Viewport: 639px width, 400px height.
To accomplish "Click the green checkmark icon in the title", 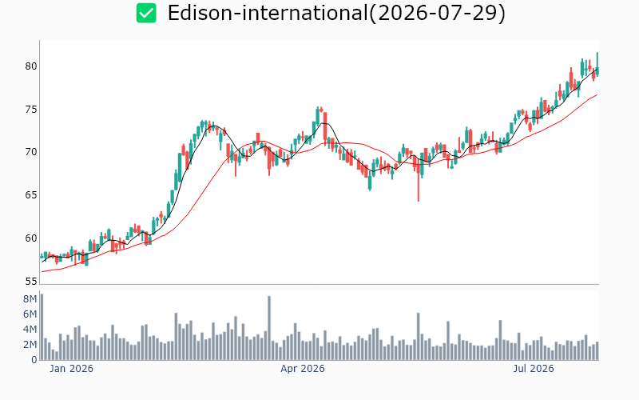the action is [146, 13].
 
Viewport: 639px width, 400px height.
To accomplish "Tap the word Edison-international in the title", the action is [268, 13].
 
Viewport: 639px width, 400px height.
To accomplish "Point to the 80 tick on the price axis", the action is [31, 66].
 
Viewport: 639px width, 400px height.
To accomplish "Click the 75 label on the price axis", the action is [31, 110].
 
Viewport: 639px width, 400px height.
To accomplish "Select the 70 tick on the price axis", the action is [31, 152].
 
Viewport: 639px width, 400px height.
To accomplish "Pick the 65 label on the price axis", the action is [31, 194].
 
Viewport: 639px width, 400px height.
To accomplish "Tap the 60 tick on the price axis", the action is [31, 238].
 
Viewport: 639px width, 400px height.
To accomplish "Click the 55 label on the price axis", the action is [31, 282].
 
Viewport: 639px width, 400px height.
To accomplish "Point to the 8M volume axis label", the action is [30, 299].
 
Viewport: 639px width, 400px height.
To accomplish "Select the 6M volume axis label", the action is [30, 314].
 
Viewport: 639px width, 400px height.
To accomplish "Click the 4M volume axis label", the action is [30, 330].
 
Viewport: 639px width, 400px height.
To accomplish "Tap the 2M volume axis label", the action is [30, 345].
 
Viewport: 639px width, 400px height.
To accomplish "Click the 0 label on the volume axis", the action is [34, 360].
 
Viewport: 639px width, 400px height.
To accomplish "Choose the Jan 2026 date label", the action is [71, 369].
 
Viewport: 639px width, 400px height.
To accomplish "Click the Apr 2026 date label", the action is [303, 369].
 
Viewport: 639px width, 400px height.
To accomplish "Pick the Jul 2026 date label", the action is [534, 369].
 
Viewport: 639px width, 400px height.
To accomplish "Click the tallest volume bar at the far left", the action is [42, 327].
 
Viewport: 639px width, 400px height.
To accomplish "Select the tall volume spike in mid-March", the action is [269, 328].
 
